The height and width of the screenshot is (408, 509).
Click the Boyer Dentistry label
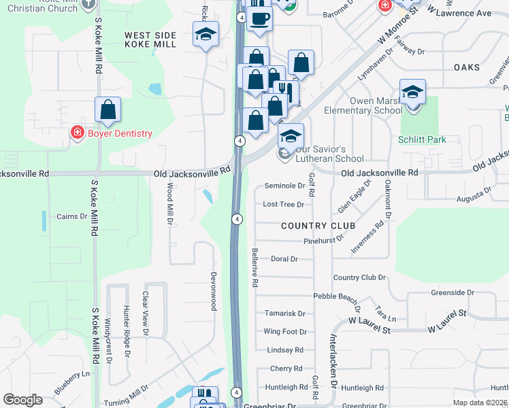click(x=119, y=133)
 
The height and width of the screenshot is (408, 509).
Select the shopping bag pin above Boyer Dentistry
click(x=108, y=109)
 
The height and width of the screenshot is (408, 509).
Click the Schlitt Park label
click(x=422, y=139)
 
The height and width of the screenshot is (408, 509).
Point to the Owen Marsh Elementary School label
click(x=376, y=105)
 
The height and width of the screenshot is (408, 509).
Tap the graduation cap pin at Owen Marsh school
click(x=412, y=92)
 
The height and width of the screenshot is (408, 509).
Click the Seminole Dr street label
click(x=284, y=185)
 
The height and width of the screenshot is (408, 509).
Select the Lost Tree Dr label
click(x=283, y=204)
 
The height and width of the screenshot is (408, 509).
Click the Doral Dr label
click(x=284, y=259)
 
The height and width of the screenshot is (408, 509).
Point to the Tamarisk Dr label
click(x=284, y=313)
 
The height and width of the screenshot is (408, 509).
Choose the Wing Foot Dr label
click(x=284, y=332)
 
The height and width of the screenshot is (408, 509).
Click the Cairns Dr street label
click(x=73, y=216)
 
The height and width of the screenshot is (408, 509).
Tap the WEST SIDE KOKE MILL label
click(x=150, y=39)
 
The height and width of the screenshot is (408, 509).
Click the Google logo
click(x=22, y=400)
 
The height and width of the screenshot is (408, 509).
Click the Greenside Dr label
click(x=452, y=292)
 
